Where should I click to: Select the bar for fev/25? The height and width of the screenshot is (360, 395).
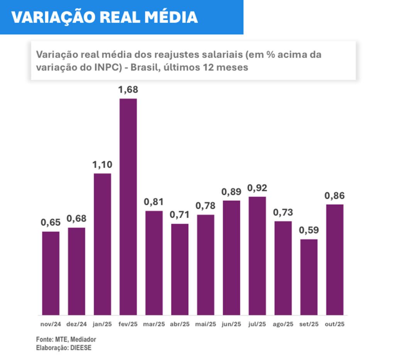[x=128, y=207]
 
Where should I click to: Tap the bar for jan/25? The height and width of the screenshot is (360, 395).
[x=102, y=244]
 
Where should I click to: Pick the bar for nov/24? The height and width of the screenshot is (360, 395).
[x=51, y=273]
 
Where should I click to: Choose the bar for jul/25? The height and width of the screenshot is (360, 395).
[x=257, y=256]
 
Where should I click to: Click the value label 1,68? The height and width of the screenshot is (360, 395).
[x=128, y=90]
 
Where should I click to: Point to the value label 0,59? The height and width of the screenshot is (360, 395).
[x=309, y=230]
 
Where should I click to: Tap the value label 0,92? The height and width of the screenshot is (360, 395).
[x=257, y=188]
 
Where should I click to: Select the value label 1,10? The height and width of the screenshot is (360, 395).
[x=102, y=165]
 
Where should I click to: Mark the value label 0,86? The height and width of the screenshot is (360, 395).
[x=334, y=195]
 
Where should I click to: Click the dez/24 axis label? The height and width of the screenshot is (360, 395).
[x=76, y=324]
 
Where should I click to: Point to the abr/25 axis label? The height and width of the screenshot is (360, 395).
[x=180, y=324]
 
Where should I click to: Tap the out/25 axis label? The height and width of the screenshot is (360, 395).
[x=334, y=324]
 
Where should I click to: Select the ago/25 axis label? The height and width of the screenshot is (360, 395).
[x=283, y=324]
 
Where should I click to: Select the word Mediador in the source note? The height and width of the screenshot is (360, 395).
[x=83, y=339]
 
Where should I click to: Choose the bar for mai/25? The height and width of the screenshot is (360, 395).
[x=206, y=265]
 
